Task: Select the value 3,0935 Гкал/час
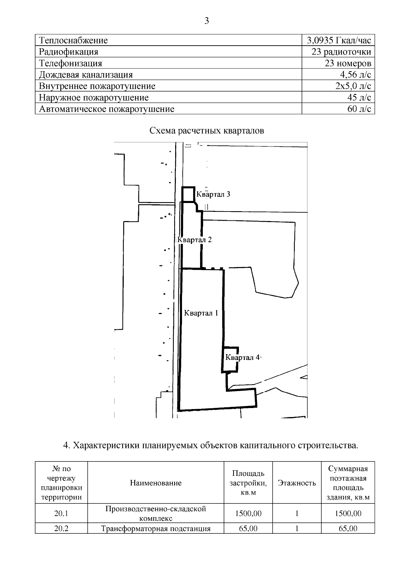coord(338,41)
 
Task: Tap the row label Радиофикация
coord(69,52)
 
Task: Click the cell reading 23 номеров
coord(348,63)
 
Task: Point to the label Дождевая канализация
coord(86,75)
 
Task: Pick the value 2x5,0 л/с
coord(353,86)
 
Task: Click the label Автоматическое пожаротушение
coord(107,109)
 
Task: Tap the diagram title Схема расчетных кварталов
coord(207,131)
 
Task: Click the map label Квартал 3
coord(213,194)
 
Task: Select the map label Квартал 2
coord(195,240)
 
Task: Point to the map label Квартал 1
coord(201,313)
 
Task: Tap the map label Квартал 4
coord(242,358)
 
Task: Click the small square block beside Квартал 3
coord(188,194)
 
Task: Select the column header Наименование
coord(156,483)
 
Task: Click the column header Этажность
coord(297,483)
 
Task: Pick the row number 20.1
coord(61,513)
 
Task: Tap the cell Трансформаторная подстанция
coord(156,529)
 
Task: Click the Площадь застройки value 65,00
coord(248,529)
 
